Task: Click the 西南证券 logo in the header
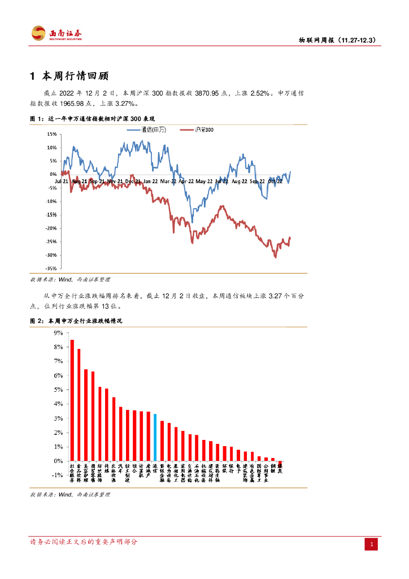click(x=56, y=33)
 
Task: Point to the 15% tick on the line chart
click(x=52, y=134)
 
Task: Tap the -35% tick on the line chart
click(x=51, y=269)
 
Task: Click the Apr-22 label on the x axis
click(x=186, y=182)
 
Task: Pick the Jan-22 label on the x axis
click(x=150, y=182)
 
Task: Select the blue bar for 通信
click(x=155, y=437)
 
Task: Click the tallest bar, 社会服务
click(x=72, y=400)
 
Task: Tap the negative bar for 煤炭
click(x=280, y=463)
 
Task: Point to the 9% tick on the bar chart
click(x=58, y=333)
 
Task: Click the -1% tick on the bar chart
click(x=57, y=476)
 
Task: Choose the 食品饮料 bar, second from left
click(x=79, y=404)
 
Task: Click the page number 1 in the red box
click(x=372, y=544)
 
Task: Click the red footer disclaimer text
click(x=83, y=542)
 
